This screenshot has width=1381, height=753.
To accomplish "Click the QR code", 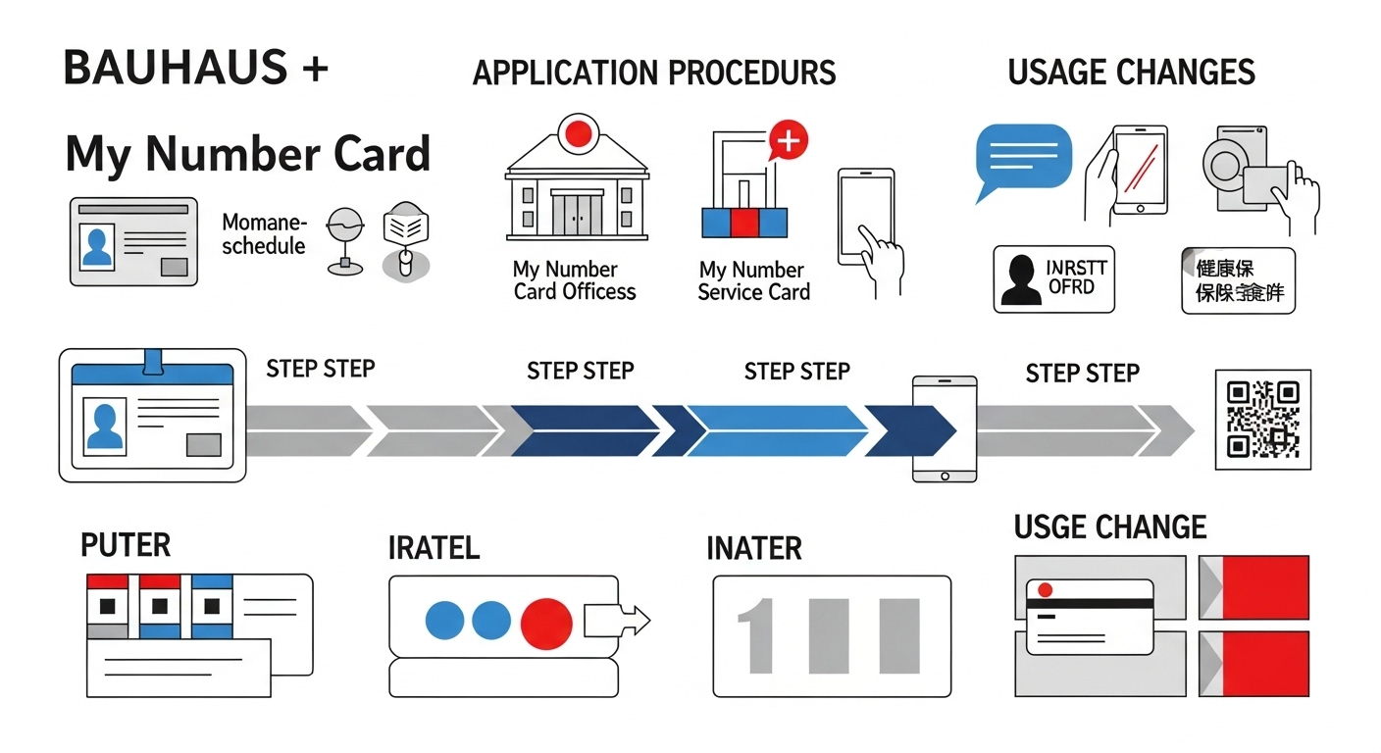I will pos(1262,420).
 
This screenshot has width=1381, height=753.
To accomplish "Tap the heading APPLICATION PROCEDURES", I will pos(654,73).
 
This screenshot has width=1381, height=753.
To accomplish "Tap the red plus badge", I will pos(789,142).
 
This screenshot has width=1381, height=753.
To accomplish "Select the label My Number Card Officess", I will pos(575,280).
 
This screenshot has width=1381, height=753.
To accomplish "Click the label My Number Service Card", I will pos(753,281).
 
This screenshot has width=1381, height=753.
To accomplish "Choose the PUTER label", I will pos(126,545).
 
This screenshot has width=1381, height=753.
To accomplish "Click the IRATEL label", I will pos(434,547).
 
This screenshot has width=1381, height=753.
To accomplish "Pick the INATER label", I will pos(753,548).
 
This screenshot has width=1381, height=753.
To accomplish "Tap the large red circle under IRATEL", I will pos(546,621).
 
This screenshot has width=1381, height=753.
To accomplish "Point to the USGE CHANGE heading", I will pos(1109,527).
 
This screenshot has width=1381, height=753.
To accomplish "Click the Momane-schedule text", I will pos(265,233).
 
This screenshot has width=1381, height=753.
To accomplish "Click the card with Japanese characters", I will pos(1238,280).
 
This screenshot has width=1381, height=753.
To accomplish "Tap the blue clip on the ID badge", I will pos(153,361).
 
